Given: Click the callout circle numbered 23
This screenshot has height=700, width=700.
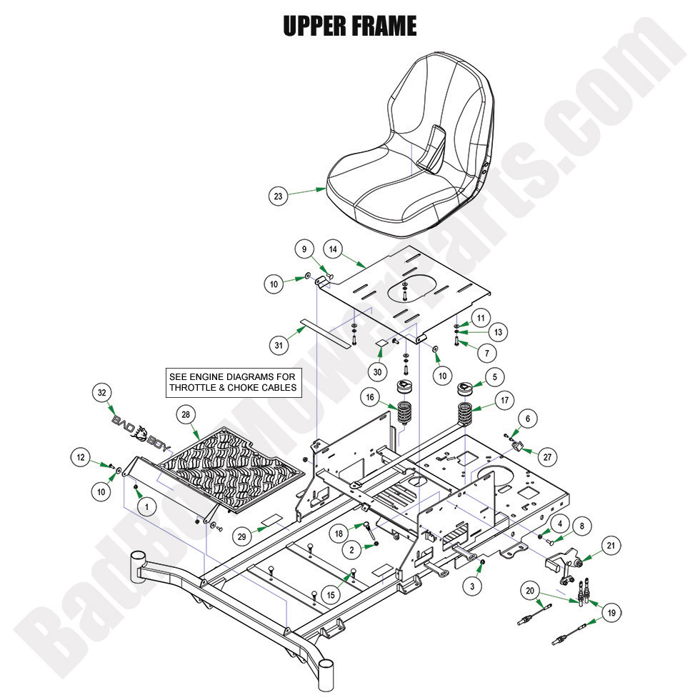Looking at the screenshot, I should pos(279,196).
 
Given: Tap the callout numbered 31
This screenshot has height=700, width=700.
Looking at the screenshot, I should pos(280,344).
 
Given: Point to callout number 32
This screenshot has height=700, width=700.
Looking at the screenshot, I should pos(104,393).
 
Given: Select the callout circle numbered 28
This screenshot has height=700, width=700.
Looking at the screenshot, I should pos(186,415).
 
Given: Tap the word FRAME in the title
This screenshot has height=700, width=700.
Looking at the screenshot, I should pos(384,26).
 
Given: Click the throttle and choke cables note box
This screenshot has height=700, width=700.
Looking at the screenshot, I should pos(232,383).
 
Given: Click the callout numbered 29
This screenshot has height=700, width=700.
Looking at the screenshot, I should pos(242,535).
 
